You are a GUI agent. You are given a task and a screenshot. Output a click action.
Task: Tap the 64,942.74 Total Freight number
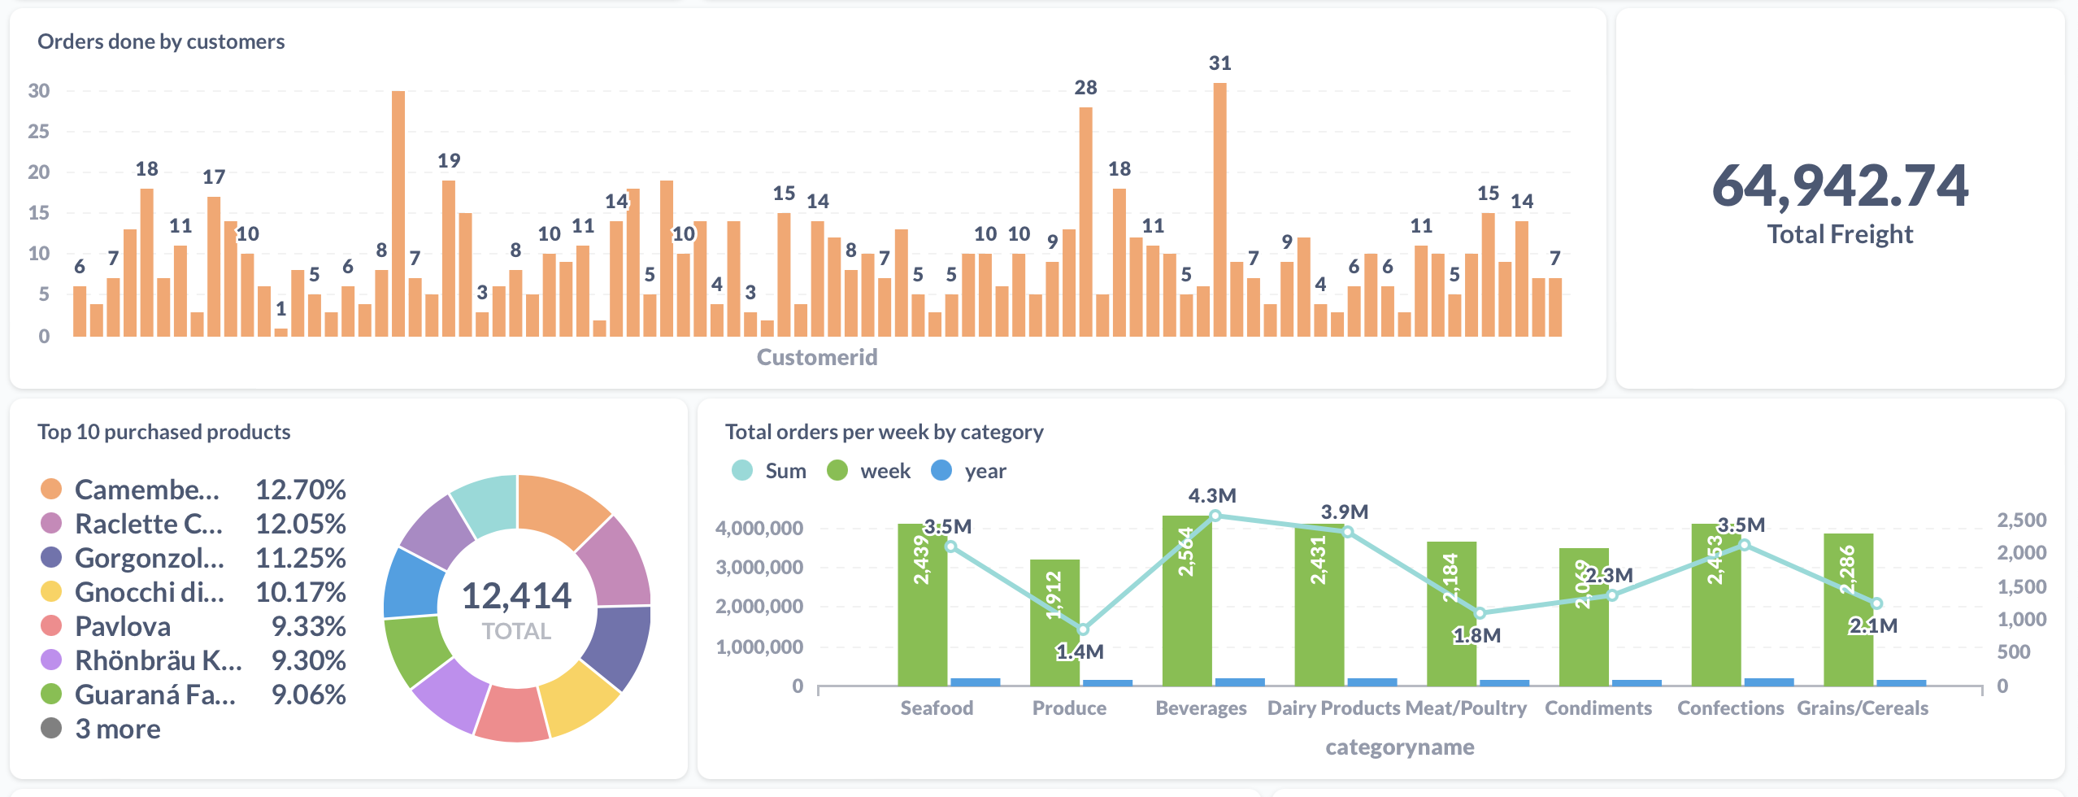[x=1840, y=185]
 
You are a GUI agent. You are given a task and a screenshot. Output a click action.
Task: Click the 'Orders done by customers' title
[x=161, y=41]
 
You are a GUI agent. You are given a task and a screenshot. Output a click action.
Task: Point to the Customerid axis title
[x=816, y=357]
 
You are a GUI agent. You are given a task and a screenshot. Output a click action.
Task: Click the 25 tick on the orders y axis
[x=38, y=131]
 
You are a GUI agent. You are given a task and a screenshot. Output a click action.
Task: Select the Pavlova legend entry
[x=122, y=626]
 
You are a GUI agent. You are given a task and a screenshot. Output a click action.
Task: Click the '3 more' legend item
[x=117, y=729]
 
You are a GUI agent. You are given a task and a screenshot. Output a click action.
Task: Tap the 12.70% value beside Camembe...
[x=300, y=490]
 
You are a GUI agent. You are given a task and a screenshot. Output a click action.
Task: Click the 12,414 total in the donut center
[x=516, y=596]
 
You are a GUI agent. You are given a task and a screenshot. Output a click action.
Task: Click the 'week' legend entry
[x=885, y=471]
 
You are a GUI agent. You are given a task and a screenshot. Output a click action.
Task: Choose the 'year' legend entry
[x=985, y=471]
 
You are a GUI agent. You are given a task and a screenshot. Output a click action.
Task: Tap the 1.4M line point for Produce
[x=1083, y=629]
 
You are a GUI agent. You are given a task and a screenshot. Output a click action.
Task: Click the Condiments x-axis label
[x=1598, y=708]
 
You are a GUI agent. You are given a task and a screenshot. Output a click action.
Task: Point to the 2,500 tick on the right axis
[x=2021, y=520]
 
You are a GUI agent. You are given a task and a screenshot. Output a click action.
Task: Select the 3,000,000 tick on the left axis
[x=759, y=567]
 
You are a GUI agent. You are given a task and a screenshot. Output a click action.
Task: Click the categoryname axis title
[x=1399, y=747]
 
